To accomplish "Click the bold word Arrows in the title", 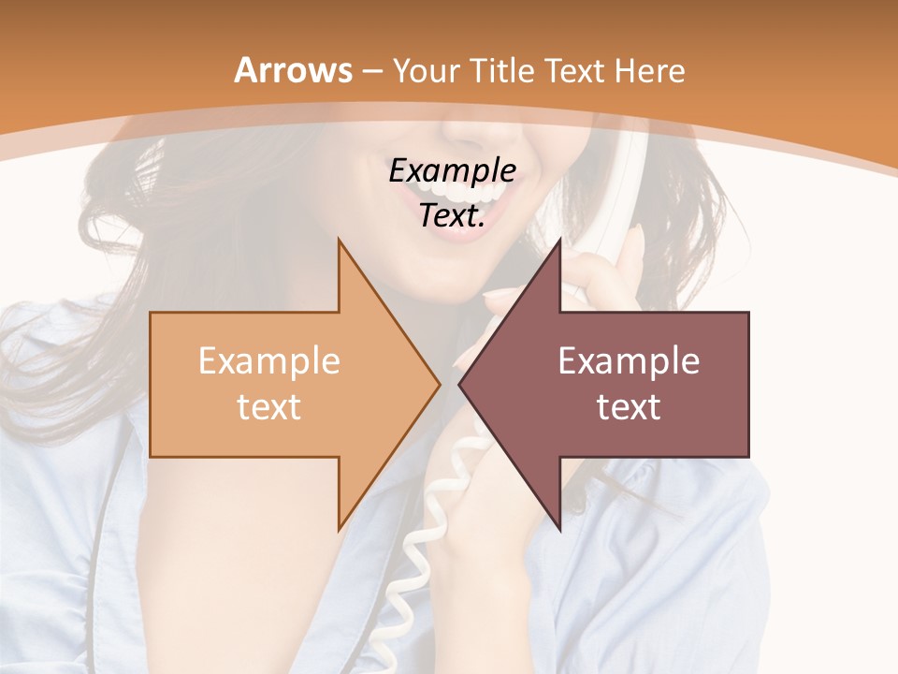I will pos(293,70).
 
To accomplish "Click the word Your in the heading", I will pos(426,71).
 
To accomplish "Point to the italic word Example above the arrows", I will pos(452,171).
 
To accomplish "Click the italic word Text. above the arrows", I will pos(452,215).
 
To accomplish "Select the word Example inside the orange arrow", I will pos(269,361).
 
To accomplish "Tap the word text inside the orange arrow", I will pos(269,407).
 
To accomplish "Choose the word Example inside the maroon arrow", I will pos(629,361).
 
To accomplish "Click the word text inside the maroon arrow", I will pos(629,407).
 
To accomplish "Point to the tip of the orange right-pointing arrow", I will pos(440,384).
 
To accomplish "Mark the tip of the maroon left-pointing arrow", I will pos(459,384).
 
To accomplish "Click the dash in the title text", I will pos(372,72).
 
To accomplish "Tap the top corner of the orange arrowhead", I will pos(339,239).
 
